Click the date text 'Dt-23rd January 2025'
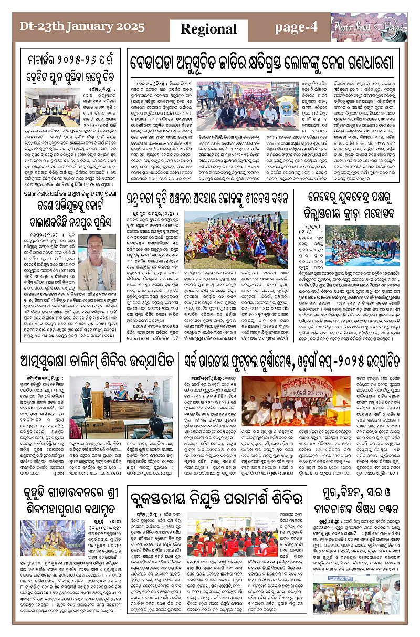coord(68,26)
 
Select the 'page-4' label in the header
coord(297,26)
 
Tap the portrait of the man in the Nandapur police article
coord(97,266)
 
